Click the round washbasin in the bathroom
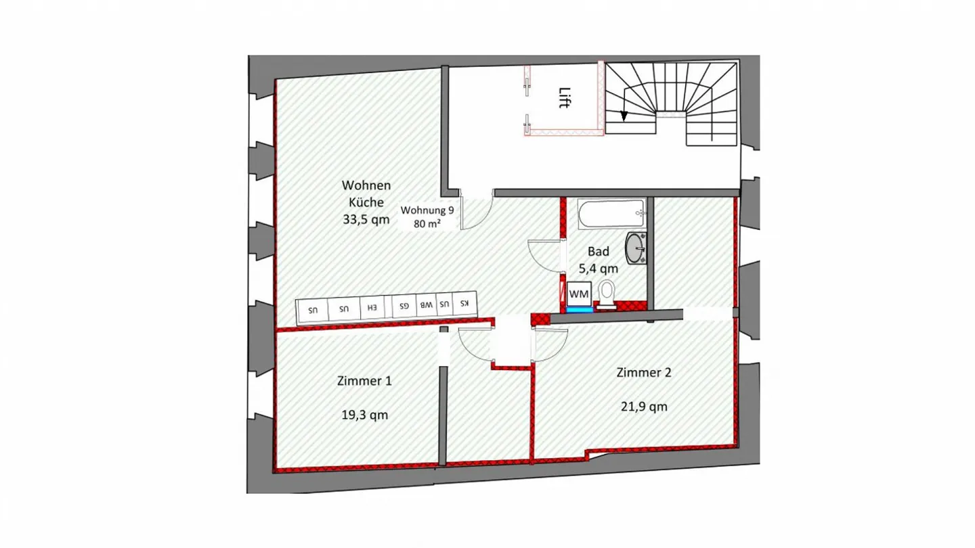[x=636, y=248]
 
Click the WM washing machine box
[x=579, y=293]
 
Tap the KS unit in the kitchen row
[x=464, y=303]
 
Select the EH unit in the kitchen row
[x=372, y=306]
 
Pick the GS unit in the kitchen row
[x=404, y=305]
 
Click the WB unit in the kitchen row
[x=425, y=304]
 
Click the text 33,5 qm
[x=366, y=219]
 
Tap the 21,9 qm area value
[x=644, y=407]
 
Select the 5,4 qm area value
[x=598, y=267]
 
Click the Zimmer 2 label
[x=644, y=372]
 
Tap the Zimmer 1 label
[x=364, y=381]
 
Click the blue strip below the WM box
[x=579, y=309]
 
